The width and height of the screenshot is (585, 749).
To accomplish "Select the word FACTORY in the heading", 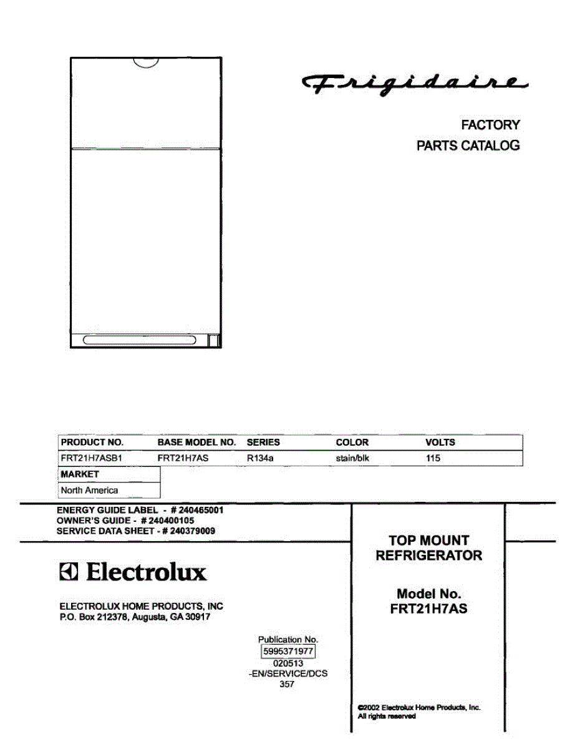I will (x=490, y=125).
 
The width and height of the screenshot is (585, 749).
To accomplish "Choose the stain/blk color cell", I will (x=353, y=458).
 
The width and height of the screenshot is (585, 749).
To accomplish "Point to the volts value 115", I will (x=433, y=458).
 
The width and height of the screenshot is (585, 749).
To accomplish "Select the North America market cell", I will (x=89, y=490).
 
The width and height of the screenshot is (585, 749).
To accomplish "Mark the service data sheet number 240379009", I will (x=193, y=531).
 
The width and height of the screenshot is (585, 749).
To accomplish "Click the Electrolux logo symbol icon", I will (x=69, y=572).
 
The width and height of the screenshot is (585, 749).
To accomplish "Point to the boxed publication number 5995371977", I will (x=288, y=651).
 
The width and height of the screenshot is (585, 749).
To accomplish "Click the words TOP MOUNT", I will (x=428, y=541).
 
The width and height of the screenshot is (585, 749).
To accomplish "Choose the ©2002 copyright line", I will (x=418, y=707).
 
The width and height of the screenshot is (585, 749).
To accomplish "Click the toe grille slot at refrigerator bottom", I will (x=139, y=340).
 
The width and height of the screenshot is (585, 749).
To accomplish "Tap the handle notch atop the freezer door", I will (x=146, y=62).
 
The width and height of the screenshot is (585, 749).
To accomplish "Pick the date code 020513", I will (x=288, y=663).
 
